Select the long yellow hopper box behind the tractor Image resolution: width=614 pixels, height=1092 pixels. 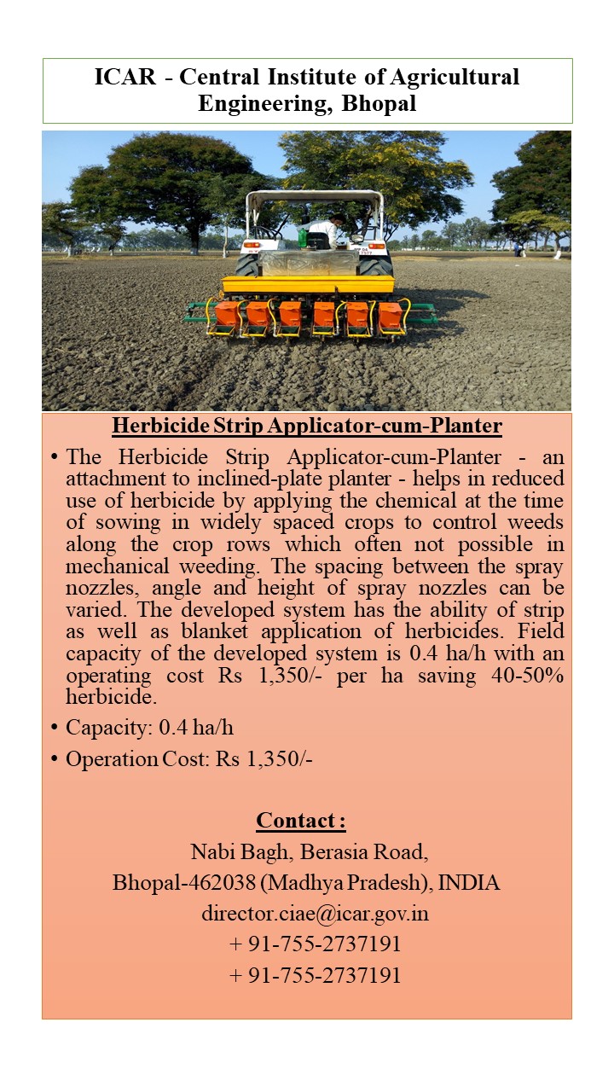pos(308,285)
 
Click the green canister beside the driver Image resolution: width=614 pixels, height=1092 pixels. pos(302,232)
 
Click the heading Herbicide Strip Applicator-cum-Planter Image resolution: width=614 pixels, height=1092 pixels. pos(307,426)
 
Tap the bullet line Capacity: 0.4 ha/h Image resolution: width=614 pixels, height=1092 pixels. pos(149,729)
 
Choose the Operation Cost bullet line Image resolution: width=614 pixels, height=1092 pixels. pos(189,758)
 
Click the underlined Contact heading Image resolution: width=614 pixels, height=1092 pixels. pos(301,821)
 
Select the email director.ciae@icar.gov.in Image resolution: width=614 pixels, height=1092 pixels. pos(315,914)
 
